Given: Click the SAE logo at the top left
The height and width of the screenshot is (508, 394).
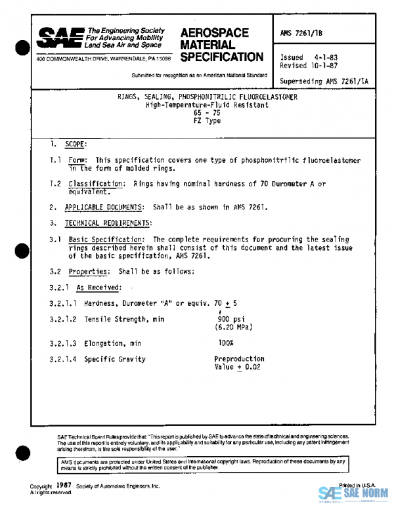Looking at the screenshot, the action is click(60, 38).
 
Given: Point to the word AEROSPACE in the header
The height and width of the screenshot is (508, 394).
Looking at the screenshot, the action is click(214, 33).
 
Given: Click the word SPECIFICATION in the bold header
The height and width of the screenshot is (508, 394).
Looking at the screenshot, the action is click(221, 57).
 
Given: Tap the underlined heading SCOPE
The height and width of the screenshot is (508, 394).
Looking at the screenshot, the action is click(76, 144).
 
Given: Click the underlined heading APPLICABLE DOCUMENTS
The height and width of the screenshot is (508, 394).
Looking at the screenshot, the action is click(104, 207).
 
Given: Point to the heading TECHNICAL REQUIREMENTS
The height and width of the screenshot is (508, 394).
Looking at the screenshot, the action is click(108, 223).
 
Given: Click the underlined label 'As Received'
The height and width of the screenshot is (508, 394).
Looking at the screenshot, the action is click(99, 287).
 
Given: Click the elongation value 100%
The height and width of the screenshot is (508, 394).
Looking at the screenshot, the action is click(226, 343).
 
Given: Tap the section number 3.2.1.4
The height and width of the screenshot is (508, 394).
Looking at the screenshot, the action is click(63, 360).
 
